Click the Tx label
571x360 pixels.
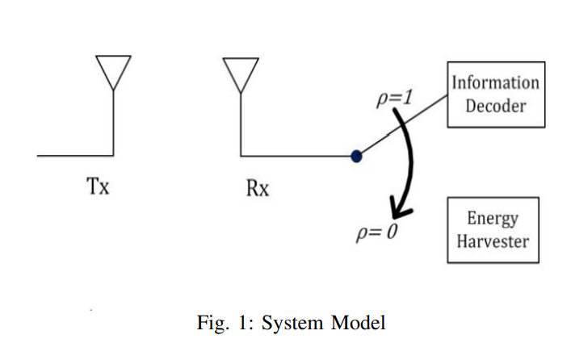coord(98,187)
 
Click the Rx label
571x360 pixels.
coord(257,189)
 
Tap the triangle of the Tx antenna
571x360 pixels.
coord(113,71)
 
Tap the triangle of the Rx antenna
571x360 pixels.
coord(241,73)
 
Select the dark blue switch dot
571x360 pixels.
coord(356,156)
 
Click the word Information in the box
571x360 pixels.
coord(495,82)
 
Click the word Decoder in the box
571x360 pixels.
coord(495,105)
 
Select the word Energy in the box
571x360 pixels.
coord(493,219)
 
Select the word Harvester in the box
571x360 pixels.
coord(493,241)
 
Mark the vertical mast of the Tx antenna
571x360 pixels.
coord(113,121)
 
